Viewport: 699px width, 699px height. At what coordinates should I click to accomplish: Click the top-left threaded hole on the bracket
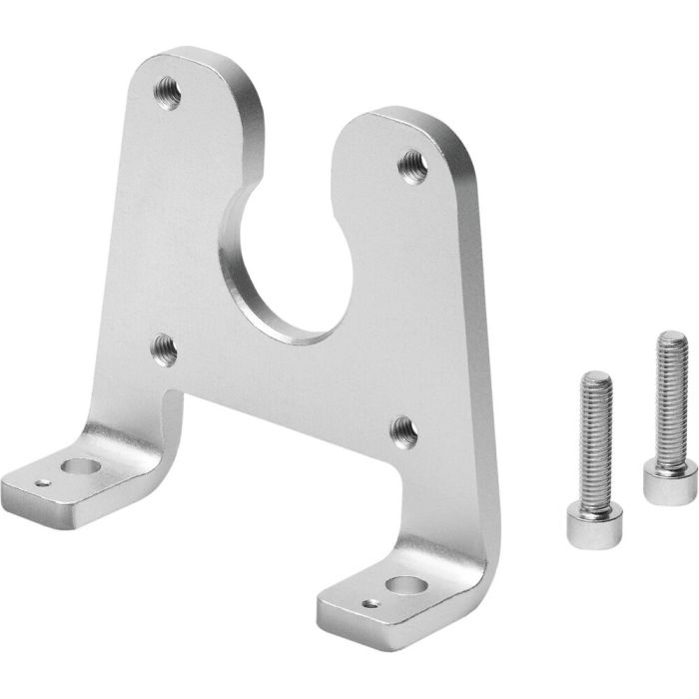pyautogui.click(x=166, y=95)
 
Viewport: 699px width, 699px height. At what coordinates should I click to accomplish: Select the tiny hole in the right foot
pyautogui.click(x=371, y=603)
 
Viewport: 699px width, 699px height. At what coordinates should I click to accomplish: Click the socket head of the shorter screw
pyautogui.click(x=582, y=523)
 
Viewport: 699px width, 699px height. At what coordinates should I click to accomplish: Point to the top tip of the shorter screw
pyautogui.click(x=595, y=376)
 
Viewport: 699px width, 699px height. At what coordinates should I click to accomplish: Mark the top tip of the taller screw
pyautogui.click(x=672, y=336)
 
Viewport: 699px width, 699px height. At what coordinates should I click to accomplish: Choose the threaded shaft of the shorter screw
pyautogui.click(x=591, y=439)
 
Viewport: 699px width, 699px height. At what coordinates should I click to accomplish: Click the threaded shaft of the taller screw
pyautogui.click(x=668, y=399)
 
